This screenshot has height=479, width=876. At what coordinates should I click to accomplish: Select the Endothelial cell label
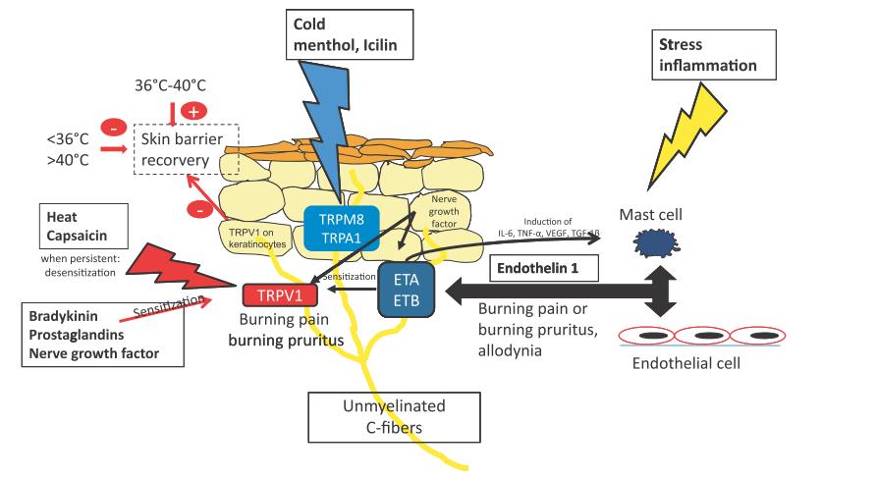point(686,364)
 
